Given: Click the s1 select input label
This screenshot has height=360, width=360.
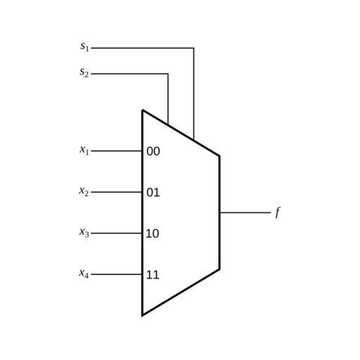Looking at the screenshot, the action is pyautogui.click(x=84, y=46).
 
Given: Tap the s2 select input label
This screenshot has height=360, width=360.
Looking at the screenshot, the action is pyautogui.click(x=84, y=72).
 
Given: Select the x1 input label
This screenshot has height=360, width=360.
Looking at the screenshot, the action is pyautogui.click(x=84, y=150).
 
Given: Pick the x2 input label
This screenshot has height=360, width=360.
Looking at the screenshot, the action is pyautogui.click(x=84, y=191).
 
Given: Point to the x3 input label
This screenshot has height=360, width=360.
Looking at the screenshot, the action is pyautogui.click(x=84, y=232).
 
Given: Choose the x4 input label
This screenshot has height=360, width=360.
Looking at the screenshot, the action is pyautogui.click(x=84, y=274).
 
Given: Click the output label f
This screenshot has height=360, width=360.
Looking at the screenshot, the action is pyautogui.click(x=278, y=213).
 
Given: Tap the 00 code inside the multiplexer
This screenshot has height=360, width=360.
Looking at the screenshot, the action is pyautogui.click(x=153, y=151).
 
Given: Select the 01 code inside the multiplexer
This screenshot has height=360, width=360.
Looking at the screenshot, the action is pyautogui.click(x=153, y=193).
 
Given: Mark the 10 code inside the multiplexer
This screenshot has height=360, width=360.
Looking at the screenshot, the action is pyautogui.click(x=153, y=233).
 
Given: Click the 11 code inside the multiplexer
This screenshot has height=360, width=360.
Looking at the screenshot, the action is pyautogui.click(x=153, y=275).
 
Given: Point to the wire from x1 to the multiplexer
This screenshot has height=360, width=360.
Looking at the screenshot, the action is pyautogui.click(x=117, y=151).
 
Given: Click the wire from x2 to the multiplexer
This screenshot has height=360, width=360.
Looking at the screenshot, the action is pyautogui.click(x=117, y=192).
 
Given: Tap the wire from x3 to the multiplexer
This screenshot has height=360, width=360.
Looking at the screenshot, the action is pyautogui.click(x=117, y=233).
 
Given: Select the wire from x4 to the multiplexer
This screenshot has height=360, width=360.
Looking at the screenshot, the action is pyautogui.click(x=117, y=274).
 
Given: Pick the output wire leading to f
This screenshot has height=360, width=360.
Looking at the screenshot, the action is pyautogui.click(x=245, y=213).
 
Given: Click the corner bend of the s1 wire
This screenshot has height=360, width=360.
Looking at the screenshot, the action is pyautogui.click(x=194, y=48).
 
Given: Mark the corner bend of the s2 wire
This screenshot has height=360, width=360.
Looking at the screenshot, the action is pyautogui.click(x=168, y=74).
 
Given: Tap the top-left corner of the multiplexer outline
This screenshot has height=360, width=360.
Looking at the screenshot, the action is pyautogui.click(x=142, y=110).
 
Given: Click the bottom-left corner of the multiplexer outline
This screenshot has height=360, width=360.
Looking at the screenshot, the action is pyautogui.click(x=142, y=316).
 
